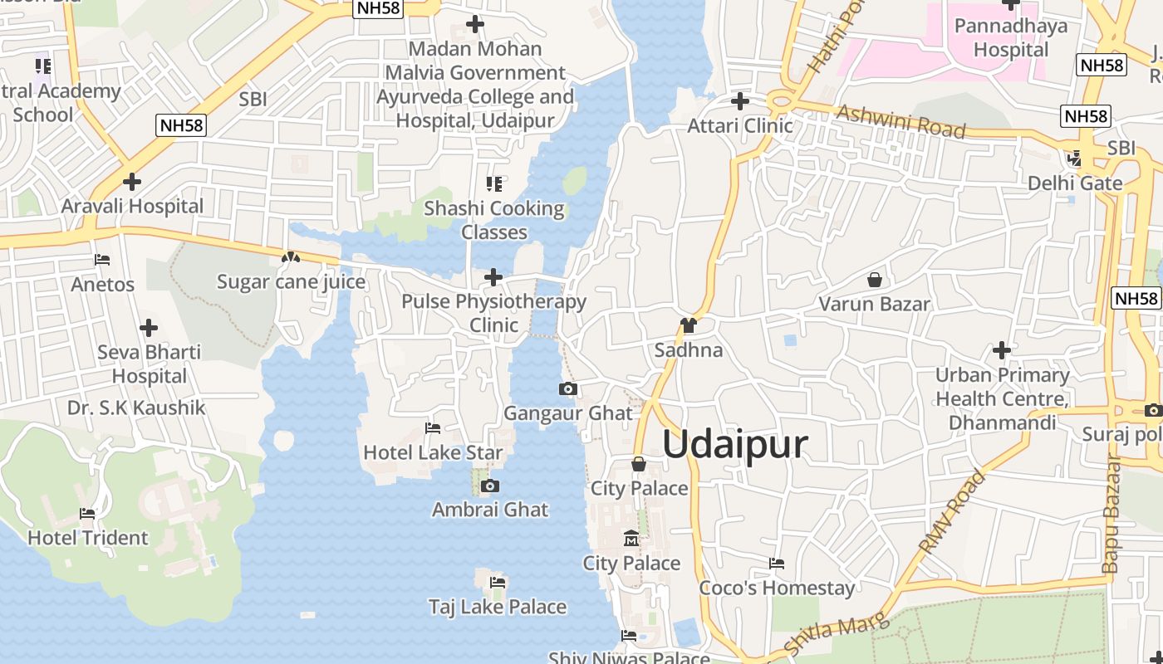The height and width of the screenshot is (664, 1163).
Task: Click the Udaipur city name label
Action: coord(734,444)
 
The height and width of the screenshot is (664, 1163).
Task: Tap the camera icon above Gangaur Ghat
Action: coord(568,388)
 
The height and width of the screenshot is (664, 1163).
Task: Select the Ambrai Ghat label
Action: coord(490,510)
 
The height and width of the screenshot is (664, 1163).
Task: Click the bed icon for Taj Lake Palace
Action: coord(498,583)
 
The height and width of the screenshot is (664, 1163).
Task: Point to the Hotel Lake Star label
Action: coord(433,453)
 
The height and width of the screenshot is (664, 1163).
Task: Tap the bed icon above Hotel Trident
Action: coord(87,514)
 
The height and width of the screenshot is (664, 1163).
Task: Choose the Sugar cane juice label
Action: coord(291,282)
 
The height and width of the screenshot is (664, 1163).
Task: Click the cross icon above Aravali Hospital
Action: coord(131,181)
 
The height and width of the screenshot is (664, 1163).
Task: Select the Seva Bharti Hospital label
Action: coord(150,364)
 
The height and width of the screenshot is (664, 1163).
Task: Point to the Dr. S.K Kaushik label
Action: coord(136,408)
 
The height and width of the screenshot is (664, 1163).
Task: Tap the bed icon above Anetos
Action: coord(102,260)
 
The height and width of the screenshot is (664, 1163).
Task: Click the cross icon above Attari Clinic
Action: coord(739,101)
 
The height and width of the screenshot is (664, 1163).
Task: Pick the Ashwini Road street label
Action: coord(901,121)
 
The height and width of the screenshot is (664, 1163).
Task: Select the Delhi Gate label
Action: coord(1075,183)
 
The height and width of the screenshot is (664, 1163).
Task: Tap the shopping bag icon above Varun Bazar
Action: coord(875,280)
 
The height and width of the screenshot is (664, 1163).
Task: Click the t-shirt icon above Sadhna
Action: coord(688,325)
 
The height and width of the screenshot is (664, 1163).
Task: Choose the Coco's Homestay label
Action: coord(777,588)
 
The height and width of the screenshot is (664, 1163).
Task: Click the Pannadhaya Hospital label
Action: coord(1011,37)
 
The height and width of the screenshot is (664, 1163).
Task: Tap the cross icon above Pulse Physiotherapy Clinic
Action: coord(493,276)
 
